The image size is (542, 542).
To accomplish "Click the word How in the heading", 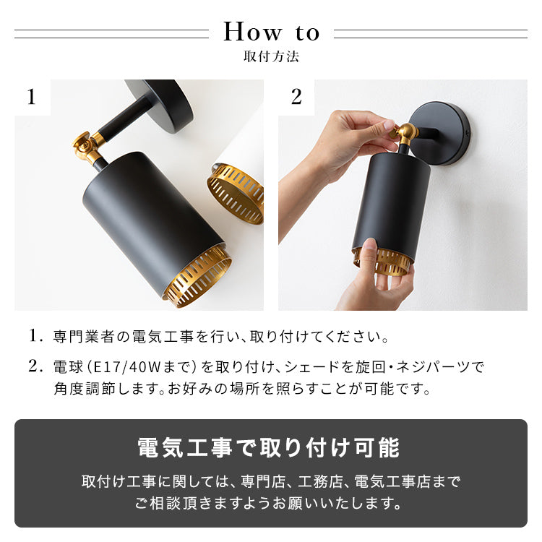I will (x=253, y=33).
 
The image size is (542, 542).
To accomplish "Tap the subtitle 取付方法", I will (x=271, y=56).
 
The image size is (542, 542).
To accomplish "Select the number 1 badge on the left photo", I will (x=31, y=97).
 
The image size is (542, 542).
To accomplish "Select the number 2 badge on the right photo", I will (x=296, y=97).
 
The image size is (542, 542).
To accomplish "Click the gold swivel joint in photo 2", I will (x=405, y=133).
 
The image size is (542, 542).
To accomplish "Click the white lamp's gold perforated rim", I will (x=235, y=192).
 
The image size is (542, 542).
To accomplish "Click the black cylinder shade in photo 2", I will (x=390, y=202).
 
